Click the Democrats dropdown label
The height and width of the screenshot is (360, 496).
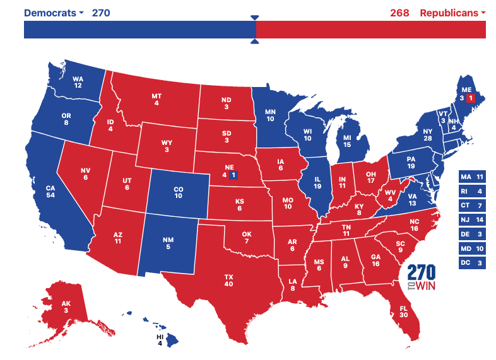point(53,13)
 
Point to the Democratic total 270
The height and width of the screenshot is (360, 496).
point(101,13)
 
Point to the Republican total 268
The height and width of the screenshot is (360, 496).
point(399,13)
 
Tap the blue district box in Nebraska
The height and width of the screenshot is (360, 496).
point(233,175)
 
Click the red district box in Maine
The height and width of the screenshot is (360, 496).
point(470,98)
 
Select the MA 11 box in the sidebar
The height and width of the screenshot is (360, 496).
point(472,177)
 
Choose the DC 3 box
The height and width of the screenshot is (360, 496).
point(472,262)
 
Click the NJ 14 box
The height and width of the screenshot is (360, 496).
point(472,219)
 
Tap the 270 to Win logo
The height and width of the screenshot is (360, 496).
point(422,276)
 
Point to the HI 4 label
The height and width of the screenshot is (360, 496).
point(160,340)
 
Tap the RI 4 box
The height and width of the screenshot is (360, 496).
point(472,191)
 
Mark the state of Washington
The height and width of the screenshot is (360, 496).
point(78,81)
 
